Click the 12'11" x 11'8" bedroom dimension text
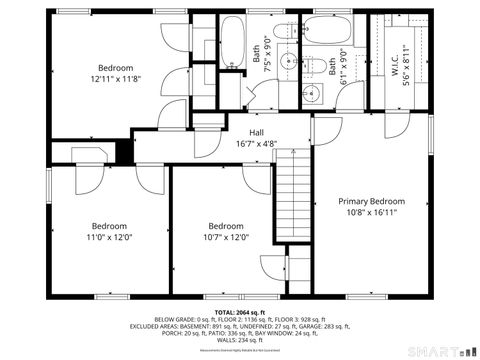[115, 79]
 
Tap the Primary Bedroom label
[371, 201]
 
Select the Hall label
[256, 132]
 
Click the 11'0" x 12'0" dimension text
[110, 238]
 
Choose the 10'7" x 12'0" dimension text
[226, 238]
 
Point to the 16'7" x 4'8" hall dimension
[256, 143]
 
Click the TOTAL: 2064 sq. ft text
[239, 312]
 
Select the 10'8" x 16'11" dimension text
[371, 212]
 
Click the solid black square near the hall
[123, 151]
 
